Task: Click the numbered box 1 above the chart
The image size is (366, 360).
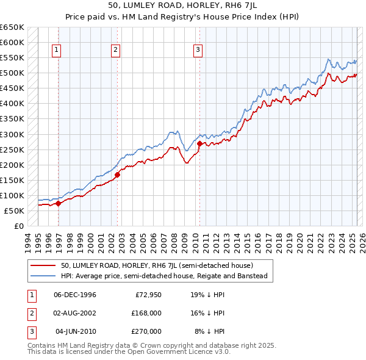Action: pyautogui.click(x=56, y=51)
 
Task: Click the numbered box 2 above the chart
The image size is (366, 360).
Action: pyautogui.click(x=115, y=51)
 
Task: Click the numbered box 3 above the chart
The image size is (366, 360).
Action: pyautogui.click(x=198, y=51)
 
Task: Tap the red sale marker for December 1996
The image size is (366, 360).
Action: pyautogui.click(x=59, y=204)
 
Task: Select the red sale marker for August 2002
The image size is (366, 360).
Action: pyautogui.click(x=117, y=175)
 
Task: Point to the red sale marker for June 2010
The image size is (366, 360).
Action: pyautogui.click(x=199, y=143)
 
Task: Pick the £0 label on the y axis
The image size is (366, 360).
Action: pyautogui.click(x=18, y=226)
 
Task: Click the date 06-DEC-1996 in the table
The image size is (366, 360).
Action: pyautogui.click(x=75, y=295)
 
